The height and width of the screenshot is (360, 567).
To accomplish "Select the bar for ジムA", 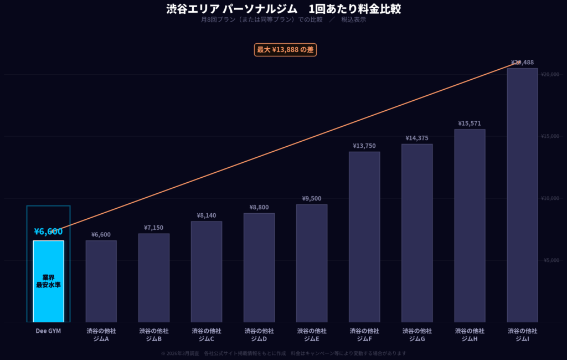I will click(101, 281).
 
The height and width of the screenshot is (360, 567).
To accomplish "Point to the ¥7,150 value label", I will click(153, 228).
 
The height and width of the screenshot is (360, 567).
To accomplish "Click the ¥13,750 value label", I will click(364, 146).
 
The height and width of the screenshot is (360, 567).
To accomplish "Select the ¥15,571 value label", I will click(470, 124).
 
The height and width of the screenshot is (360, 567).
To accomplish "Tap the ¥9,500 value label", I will click(312, 198).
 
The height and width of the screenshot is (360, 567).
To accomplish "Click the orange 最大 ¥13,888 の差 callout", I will click(285, 50).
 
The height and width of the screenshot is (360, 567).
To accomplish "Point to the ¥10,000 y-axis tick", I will click(550, 198).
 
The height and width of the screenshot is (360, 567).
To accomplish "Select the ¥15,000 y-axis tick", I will click(550, 136).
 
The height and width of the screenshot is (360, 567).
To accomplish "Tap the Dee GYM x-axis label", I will click(48, 331).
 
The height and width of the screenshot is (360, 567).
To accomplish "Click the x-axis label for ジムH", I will click(470, 335).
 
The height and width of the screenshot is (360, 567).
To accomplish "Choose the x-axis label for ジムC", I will click(207, 335).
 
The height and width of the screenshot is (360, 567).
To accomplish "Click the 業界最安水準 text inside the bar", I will click(48, 281).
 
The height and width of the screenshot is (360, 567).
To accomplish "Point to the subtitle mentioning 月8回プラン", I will click(283, 20).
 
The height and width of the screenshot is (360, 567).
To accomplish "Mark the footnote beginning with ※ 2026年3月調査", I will click(283, 353).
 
